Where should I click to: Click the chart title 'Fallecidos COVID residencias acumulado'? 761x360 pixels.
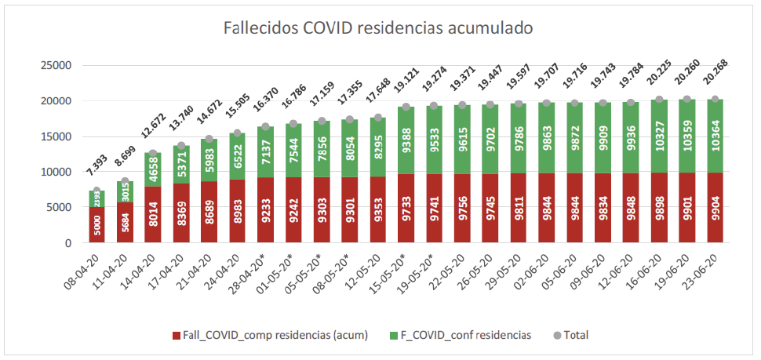[379, 29]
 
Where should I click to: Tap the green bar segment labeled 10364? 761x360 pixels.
[715, 136]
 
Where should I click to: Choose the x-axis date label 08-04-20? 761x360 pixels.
[82, 271]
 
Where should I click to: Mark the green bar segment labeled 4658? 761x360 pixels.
[153, 169]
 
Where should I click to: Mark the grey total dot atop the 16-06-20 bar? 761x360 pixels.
[659, 100]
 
